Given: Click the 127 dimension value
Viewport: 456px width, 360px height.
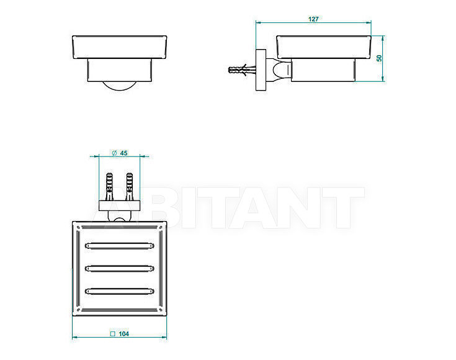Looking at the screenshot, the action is point(313,19).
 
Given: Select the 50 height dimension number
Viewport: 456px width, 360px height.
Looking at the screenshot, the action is point(379,58).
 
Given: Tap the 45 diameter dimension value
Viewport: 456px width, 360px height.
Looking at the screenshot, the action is point(123,153).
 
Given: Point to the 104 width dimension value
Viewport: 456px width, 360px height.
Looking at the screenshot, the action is point(124,334).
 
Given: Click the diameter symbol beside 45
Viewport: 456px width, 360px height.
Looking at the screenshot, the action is point(114,153).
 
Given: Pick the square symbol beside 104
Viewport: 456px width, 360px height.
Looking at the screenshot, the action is point(113,334).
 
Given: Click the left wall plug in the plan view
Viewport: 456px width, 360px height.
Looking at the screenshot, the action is point(109,187).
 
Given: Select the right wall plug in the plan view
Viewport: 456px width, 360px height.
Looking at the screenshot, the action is point(129,187).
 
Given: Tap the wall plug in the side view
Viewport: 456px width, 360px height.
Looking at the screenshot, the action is point(242,70).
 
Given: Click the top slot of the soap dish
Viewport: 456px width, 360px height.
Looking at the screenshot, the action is point(119,246).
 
